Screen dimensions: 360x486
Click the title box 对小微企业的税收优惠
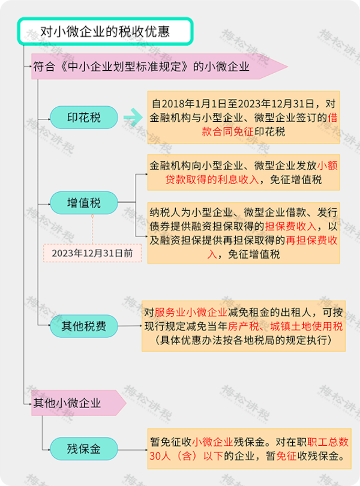[106, 31]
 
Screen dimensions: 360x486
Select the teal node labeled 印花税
[84, 118]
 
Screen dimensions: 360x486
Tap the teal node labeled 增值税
[84, 203]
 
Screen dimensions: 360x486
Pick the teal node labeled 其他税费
[84, 326]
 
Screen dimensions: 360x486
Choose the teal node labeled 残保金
[84, 449]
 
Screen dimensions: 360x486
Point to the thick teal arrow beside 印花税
[133, 118]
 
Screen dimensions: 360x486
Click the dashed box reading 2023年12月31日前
[92, 253]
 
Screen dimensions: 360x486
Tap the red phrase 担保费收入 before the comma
[290, 226]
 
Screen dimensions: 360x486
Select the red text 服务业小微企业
[191, 312]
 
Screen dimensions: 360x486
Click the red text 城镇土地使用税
[307, 326]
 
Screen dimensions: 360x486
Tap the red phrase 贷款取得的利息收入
[212, 179]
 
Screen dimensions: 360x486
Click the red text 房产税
[244, 326]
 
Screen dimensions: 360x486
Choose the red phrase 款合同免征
[228, 132]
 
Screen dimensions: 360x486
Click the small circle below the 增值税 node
[92, 216]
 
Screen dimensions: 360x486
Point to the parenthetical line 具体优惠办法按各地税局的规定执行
[244, 340]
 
